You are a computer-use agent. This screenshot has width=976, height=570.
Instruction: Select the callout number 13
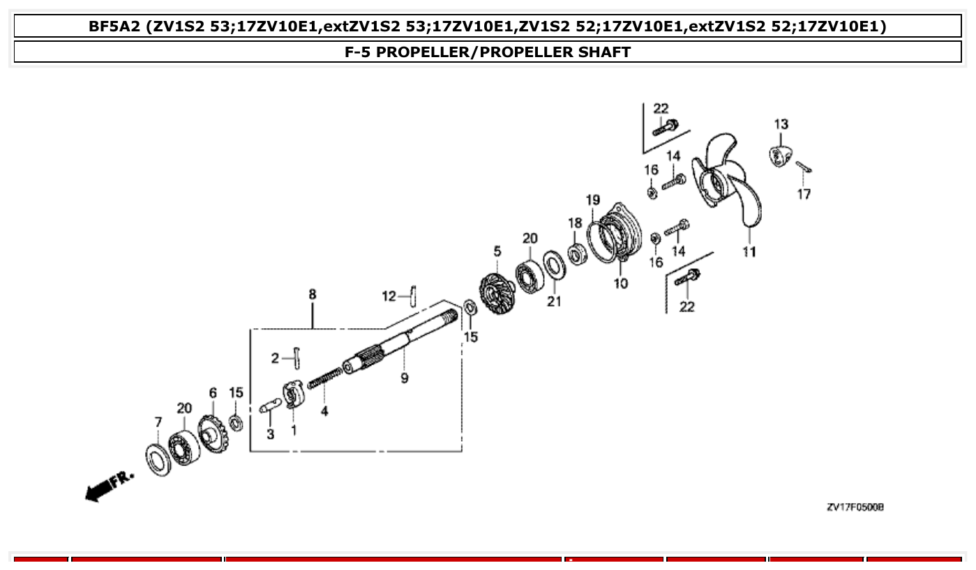point(781,125)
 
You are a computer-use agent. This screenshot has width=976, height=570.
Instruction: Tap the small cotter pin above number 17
point(803,167)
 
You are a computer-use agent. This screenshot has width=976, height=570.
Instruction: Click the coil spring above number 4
point(324,380)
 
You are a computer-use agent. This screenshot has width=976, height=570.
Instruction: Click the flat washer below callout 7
point(158,459)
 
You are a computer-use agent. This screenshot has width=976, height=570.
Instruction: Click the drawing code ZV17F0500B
point(855,507)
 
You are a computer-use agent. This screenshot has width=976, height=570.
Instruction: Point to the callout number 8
point(312,295)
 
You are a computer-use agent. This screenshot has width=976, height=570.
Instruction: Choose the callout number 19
point(592,201)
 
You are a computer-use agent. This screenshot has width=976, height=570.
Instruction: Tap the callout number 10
point(620,283)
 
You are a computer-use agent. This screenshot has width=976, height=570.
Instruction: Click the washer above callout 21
point(554,265)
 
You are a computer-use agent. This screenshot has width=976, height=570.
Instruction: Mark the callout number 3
point(270,434)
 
